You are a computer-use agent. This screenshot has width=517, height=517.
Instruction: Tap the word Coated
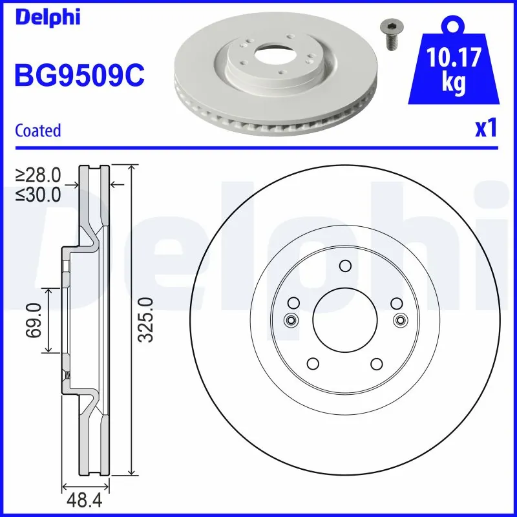pos(37,130)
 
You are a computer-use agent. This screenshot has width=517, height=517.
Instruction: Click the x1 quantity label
pos(485,129)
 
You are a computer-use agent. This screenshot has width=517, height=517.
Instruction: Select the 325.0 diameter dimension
pos(146,320)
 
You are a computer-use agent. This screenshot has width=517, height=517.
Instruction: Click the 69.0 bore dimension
pos(34,320)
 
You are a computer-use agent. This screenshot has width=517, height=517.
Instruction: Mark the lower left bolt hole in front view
pos(313,363)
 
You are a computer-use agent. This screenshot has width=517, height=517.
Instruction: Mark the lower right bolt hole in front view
pos(376,363)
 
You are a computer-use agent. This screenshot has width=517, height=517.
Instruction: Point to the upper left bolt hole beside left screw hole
pos(293,302)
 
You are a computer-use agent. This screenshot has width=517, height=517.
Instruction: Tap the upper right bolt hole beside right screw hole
pos(396,302)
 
